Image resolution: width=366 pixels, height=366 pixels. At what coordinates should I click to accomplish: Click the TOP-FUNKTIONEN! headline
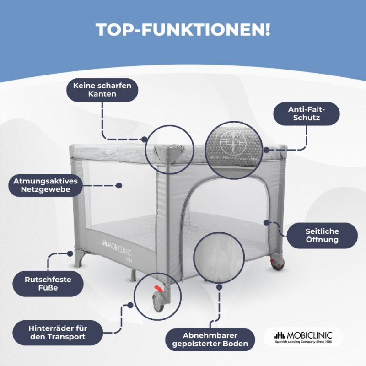pos(183,29)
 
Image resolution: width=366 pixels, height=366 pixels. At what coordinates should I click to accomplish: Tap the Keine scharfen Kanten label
pos(102,90)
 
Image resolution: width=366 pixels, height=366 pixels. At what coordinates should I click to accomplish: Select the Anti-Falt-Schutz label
pos(307,113)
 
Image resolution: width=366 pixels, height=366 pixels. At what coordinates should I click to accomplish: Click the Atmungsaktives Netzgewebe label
pos(45,185)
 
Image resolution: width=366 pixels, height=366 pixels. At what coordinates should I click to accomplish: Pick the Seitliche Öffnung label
pos(322,236)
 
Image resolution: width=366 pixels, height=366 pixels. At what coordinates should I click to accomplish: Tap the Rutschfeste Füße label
pos(48,284)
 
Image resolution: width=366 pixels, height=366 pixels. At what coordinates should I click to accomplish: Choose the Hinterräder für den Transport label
pos(58,333)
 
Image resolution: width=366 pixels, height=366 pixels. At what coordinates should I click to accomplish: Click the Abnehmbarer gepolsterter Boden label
pos(210,339)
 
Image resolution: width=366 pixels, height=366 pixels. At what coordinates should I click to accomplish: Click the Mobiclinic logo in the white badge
pos(303,337)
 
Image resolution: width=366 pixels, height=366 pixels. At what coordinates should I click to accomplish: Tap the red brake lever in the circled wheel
pos(159,289)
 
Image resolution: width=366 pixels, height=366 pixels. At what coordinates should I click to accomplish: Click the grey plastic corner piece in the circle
pos(167,153)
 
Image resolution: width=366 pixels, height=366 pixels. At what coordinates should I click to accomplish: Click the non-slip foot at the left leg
pos(80,258)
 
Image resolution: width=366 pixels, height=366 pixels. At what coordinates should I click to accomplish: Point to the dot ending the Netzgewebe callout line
pos(119,186)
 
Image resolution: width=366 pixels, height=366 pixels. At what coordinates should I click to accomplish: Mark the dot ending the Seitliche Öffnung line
pos(266,222)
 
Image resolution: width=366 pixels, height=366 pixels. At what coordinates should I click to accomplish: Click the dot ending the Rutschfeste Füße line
pos(70,253)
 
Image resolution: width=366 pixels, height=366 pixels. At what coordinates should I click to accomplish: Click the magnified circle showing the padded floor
pos(219,258)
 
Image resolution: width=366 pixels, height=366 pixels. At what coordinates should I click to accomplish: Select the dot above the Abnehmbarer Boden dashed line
pos(219,287)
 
